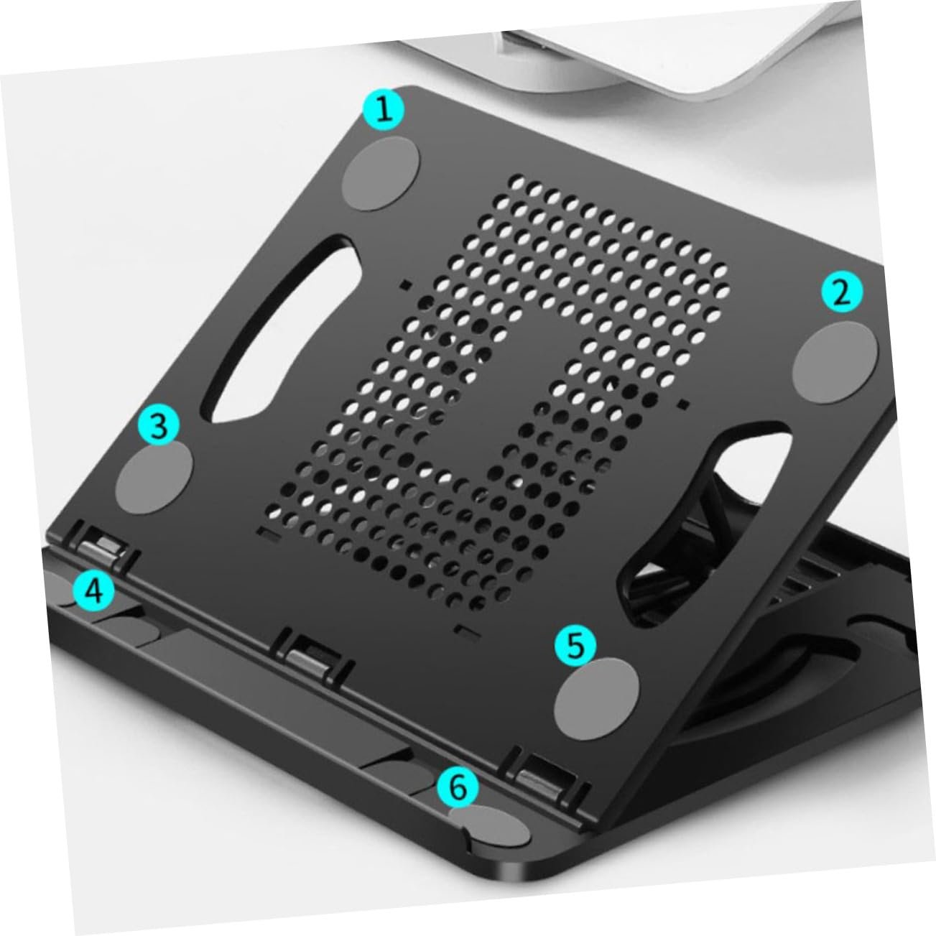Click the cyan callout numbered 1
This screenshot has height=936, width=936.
384,109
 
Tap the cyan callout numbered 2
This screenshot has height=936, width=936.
842,292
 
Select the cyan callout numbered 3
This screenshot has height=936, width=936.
159,425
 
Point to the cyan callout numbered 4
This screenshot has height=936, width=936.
94,592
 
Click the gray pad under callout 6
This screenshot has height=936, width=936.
489,826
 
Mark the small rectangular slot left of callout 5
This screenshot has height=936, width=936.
465,631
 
